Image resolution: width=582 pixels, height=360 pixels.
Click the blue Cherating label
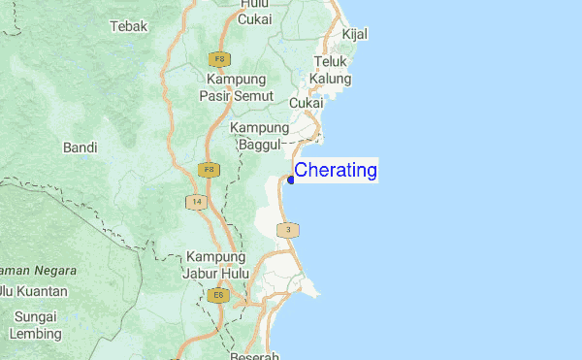336,171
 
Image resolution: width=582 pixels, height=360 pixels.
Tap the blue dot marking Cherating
291,179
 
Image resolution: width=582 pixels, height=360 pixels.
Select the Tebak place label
129,26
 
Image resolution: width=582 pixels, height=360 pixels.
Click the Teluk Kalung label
331,70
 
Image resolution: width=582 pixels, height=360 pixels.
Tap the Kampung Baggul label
259,136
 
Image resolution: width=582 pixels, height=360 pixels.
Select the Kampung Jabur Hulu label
217,265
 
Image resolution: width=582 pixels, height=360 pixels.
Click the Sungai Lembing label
36,325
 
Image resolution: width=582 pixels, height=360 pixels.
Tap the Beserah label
256,355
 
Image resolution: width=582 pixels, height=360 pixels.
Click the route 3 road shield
288,230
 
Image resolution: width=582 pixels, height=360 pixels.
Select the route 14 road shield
197,202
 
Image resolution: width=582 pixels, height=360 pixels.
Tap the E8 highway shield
218,295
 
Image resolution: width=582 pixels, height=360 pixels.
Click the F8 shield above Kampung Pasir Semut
217,59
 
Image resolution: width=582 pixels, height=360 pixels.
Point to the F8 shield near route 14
208,170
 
